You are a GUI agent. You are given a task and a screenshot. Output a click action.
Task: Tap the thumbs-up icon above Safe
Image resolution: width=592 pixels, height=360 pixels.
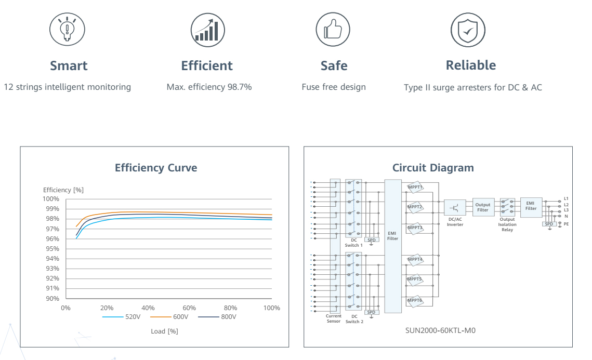pyautogui.click(x=334, y=28)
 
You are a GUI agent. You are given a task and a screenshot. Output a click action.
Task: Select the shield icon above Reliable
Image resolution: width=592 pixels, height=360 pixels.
pyautogui.click(x=468, y=28)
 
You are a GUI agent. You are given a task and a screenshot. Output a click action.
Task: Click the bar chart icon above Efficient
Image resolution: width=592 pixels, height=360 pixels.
pyautogui.click(x=207, y=28)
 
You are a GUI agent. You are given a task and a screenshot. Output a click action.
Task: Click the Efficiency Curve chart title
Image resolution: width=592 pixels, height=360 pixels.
pyautogui.click(x=156, y=168)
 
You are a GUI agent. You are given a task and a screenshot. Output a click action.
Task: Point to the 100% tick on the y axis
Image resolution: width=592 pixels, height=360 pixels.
pyautogui.click(x=51, y=199)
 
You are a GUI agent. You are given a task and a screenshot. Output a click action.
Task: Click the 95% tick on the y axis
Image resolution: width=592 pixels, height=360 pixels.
pyautogui.click(x=52, y=249)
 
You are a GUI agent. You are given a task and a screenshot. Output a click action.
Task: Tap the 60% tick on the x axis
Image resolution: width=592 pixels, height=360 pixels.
pyautogui.click(x=189, y=308)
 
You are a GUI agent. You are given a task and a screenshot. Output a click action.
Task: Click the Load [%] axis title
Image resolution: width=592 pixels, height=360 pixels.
pyautogui.click(x=164, y=331)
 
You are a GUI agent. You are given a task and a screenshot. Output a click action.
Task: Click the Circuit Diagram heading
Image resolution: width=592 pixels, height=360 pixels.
pyautogui.click(x=433, y=168)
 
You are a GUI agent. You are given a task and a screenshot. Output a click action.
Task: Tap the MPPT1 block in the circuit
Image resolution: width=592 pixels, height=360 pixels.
pyautogui.click(x=415, y=187)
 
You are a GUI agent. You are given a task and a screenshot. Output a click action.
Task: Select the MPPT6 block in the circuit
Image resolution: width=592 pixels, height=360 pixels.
pyautogui.click(x=415, y=300)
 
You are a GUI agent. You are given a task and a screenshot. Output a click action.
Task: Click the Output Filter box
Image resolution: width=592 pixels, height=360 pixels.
pyautogui.click(x=483, y=207)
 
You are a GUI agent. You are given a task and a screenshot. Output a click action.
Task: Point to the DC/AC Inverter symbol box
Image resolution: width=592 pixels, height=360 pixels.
pyautogui.click(x=455, y=207)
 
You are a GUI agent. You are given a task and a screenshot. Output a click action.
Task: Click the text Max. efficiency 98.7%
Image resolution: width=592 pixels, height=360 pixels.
pyautogui.click(x=209, y=87)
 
